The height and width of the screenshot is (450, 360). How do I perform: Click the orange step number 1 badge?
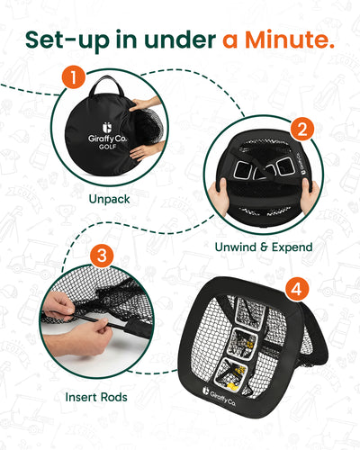click(x=74, y=76)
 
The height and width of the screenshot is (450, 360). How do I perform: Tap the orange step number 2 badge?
click(x=302, y=129)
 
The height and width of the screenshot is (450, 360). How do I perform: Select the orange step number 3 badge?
click(x=102, y=256)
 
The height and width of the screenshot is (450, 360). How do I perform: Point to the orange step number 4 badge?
click(x=297, y=289)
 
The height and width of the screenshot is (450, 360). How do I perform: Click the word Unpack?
click(x=110, y=199)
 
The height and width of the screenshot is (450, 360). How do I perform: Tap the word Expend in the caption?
click(x=292, y=247)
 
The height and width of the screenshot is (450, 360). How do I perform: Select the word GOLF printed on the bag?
click(x=108, y=147)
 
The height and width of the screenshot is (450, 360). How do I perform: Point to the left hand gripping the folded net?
click(x=219, y=196)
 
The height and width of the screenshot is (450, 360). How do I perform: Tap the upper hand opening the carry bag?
click(x=145, y=103)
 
